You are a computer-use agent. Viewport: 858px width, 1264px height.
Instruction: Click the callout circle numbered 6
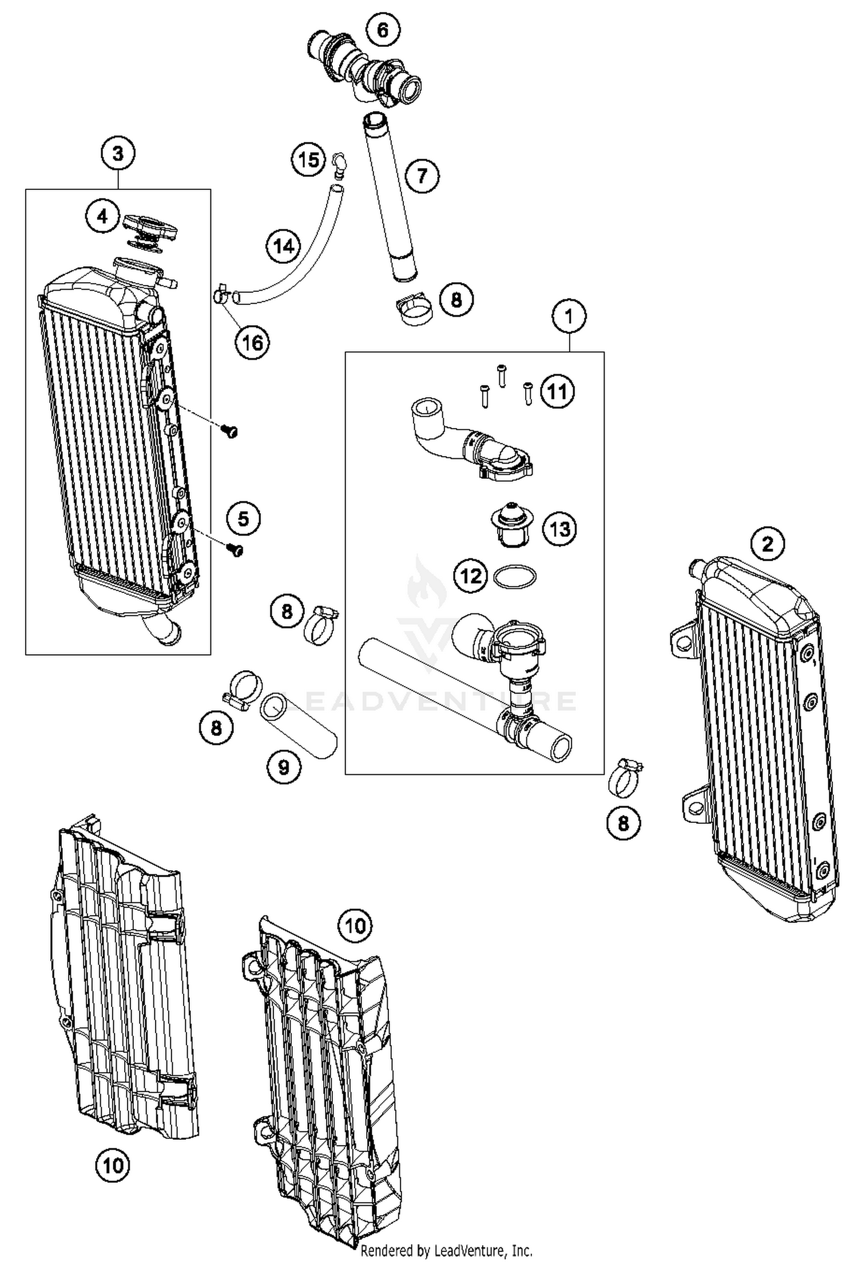coord(383,30)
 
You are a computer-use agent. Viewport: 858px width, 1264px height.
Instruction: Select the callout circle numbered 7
coord(422,176)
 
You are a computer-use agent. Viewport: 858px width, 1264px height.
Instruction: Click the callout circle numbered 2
coord(767,542)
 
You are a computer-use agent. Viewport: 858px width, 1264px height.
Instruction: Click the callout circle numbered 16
coord(252,343)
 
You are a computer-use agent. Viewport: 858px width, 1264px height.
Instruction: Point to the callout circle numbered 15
coord(309,160)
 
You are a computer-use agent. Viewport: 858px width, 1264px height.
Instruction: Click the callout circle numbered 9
coord(284,767)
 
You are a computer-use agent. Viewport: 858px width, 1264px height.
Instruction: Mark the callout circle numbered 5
coord(243,519)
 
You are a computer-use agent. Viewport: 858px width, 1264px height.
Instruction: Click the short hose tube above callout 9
coord(299,725)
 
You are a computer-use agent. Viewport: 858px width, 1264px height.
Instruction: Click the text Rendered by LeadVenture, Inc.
coord(446,1251)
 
